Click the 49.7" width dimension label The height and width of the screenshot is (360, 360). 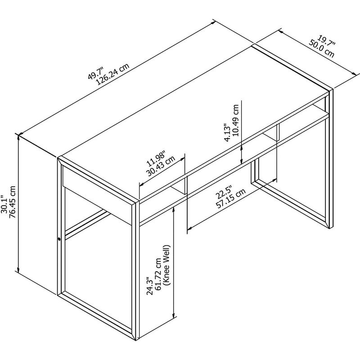point(96,73)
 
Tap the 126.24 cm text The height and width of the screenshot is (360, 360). point(113,74)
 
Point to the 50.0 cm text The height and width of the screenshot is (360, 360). point(321,49)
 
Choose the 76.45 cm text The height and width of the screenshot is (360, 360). point(12,202)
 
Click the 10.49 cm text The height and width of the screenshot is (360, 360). point(235,121)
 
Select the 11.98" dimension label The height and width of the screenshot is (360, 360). point(156,159)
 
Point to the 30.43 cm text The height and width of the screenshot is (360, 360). point(161,166)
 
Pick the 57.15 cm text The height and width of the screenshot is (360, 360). point(231,198)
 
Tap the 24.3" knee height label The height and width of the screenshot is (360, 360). point(150,286)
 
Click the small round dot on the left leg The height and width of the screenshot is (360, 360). point(59,239)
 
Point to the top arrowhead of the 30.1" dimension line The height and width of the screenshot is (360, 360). point(18,137)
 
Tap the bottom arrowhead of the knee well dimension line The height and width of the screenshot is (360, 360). point(174,315)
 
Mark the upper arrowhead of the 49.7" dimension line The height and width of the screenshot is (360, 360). point(213,23)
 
